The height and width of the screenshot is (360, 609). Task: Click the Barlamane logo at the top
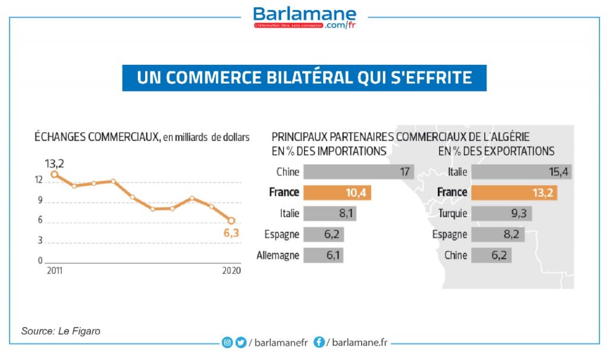coord(304,17)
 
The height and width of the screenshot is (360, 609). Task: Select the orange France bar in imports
coord(337,192)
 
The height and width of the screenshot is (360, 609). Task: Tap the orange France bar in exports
coord(514,192)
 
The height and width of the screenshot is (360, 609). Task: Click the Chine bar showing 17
coord(359,171)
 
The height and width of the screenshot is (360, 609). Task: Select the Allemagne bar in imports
coord(324,255)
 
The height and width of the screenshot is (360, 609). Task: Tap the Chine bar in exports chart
coord(491,255)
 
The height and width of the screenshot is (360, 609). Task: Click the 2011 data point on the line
coord(54,174)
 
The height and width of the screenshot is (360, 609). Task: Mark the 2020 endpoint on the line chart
coord(231,221)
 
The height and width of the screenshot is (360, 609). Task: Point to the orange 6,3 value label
coord(231,233)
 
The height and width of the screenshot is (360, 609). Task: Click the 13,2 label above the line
coord(54,162)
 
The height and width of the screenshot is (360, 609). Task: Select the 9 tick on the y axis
coord(40,201)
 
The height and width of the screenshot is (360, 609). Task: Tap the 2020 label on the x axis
coord(231,271)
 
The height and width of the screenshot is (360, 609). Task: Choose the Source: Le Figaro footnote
coord(61,331)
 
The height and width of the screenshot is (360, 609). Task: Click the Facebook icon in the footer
coord(319,342)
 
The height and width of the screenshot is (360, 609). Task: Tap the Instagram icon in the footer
coord(227,342)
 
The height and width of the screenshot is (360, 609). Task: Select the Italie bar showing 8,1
coord(329,213)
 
